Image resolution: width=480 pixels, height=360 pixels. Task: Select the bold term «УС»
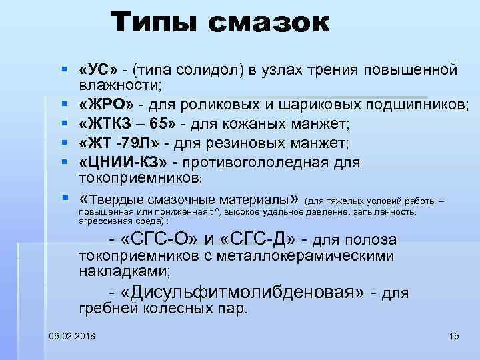point(98,70)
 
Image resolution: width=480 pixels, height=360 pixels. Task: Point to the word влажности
point(123,85)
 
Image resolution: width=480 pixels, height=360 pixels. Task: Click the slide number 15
point(455,335)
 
